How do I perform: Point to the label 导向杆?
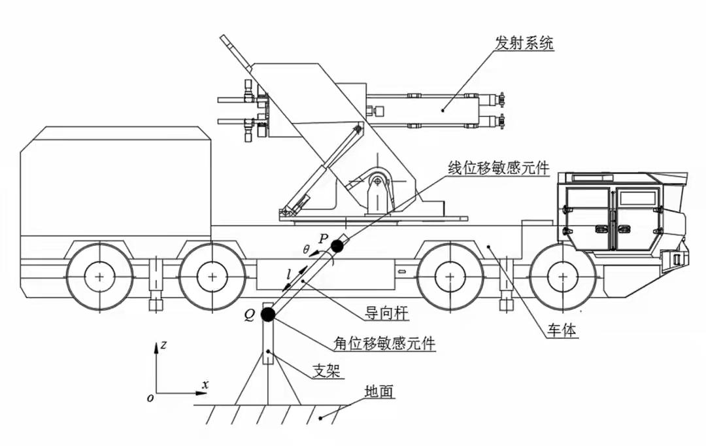(x=388, y=314)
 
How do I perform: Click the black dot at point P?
(x=337, y=246)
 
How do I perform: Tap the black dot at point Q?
(x=267, y=315)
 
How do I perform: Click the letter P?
(x=323, y=237)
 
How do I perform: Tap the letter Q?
(x=249, y=315)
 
